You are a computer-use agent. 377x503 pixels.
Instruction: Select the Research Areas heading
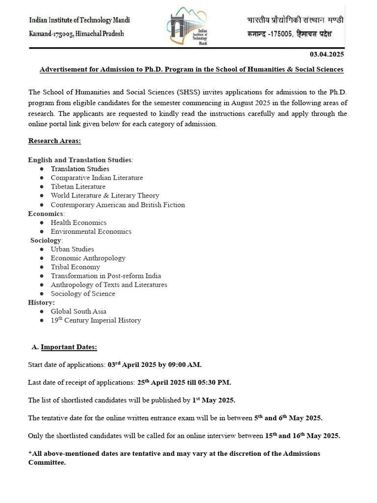[54, 141]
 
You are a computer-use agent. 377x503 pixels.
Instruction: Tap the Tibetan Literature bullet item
[78, 187]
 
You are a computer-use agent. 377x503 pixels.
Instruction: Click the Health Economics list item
[79, 223]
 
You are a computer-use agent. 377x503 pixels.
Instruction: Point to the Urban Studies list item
[72, 249]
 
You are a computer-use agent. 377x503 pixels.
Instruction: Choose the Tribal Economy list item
[75, 267]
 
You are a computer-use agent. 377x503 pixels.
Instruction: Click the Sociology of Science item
[83, 294]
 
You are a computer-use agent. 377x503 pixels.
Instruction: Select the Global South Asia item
[79, 311]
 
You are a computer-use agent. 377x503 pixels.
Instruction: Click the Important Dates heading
[69, 347]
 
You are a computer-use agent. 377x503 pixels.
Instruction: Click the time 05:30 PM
[214, 382]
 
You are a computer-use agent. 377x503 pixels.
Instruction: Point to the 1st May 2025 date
[214, 400]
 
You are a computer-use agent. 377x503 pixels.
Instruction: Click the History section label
[41, 303]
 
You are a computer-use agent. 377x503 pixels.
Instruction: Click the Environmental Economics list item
[91, 231]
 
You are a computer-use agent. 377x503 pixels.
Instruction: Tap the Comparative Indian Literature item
[97, 178]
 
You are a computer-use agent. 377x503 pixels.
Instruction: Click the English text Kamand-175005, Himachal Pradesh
[77, 33]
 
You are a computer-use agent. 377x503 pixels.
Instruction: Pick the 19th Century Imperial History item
[96, 320]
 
